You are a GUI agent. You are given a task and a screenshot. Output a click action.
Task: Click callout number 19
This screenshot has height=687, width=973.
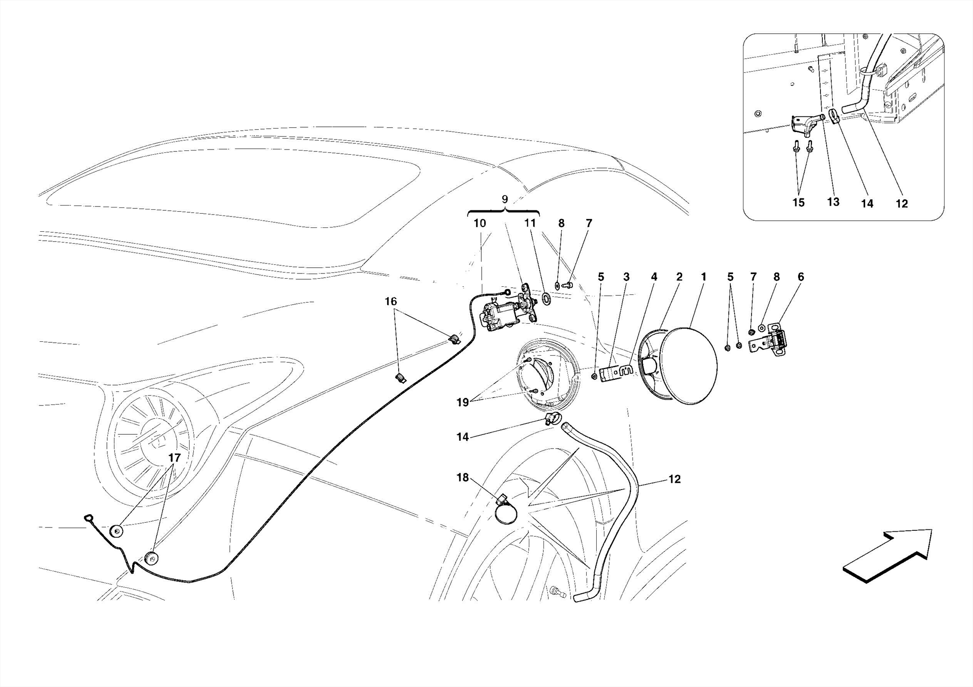click(462, 403)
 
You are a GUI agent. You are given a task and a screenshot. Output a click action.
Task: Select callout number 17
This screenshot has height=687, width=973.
click(174, 458)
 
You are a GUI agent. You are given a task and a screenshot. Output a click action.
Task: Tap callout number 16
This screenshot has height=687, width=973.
click(391, 301)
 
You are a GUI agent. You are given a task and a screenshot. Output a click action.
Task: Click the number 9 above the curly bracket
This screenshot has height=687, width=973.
click(505, 199)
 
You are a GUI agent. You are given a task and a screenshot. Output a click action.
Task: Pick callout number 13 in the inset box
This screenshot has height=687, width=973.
click(833, 202)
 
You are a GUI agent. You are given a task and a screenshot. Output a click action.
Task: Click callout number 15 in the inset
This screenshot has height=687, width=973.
click(798, 203)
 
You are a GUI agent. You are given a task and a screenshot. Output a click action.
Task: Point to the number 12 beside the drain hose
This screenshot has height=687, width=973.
click(674, 480)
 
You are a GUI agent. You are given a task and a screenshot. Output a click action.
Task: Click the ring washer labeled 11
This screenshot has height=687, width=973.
click(546, 299)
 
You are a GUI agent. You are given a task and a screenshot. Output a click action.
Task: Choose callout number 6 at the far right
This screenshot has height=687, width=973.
click(801, 277)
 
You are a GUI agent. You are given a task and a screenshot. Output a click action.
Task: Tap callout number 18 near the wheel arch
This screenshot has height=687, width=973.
click(462, 478)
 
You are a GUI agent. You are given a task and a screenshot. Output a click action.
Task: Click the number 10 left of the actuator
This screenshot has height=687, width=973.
click(479, 223)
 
